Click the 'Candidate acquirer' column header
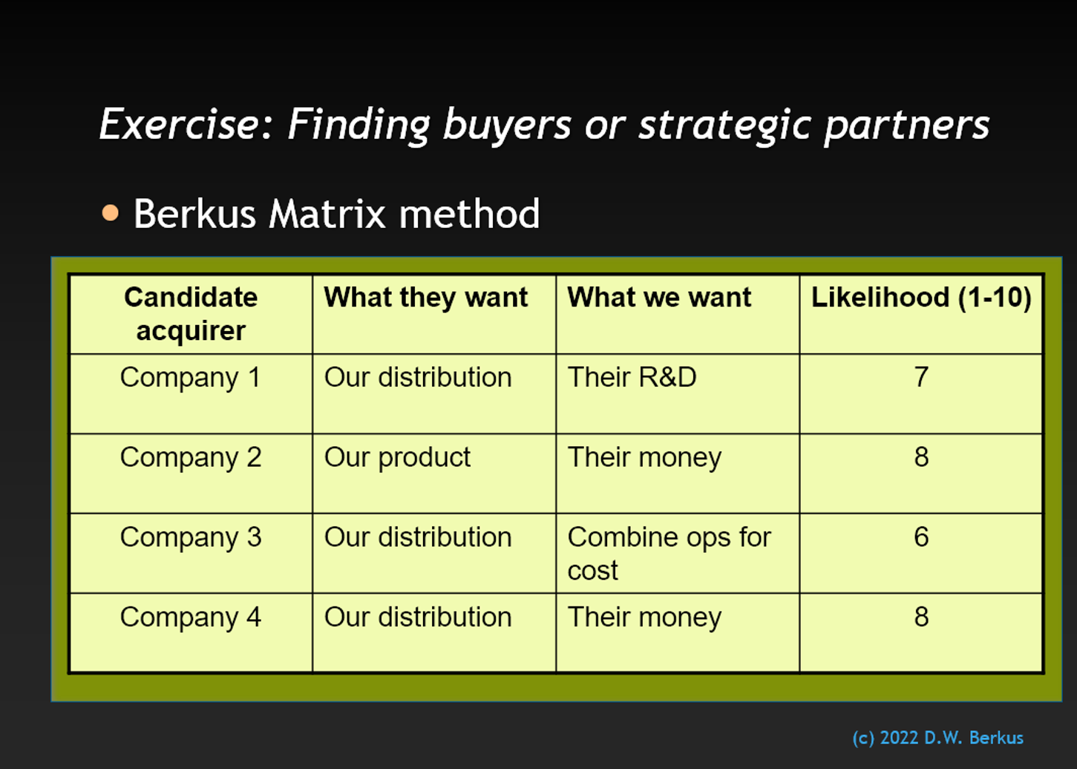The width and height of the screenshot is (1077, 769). click(x=191, y=313)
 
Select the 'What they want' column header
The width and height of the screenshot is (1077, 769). click(x=426, y=298)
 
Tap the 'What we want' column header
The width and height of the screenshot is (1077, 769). click(x=659, y=297)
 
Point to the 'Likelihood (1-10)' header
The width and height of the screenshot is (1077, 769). click(x=921, y=298)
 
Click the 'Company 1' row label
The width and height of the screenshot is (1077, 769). click(x=191, y=378)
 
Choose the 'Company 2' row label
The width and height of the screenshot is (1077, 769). click(x=191, y=457)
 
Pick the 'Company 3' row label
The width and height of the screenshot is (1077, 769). click(x=191, y=537)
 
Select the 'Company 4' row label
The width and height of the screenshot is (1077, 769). click(x=191, y=617)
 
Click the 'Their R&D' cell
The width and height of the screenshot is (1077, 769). click(x=632, y=377)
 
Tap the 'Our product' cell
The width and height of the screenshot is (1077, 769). click(x=397, y=457)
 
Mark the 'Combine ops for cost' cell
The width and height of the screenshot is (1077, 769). click(x=670, y=554)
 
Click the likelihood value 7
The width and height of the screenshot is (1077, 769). click(x=921, y=377)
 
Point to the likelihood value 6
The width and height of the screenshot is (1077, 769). click(x=921, y=537)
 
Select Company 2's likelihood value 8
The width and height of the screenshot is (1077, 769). click(x=921, y=457)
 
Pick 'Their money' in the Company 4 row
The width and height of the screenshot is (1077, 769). click(x=644, y=618)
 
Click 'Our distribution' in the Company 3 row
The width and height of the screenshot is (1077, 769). click(x=418, y=537)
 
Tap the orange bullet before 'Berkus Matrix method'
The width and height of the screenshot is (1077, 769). click(x=110, y=213)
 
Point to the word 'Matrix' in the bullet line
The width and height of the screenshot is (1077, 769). click(x=327, y=214)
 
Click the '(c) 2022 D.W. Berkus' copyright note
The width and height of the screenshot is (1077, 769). click(x=937, y=738)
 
